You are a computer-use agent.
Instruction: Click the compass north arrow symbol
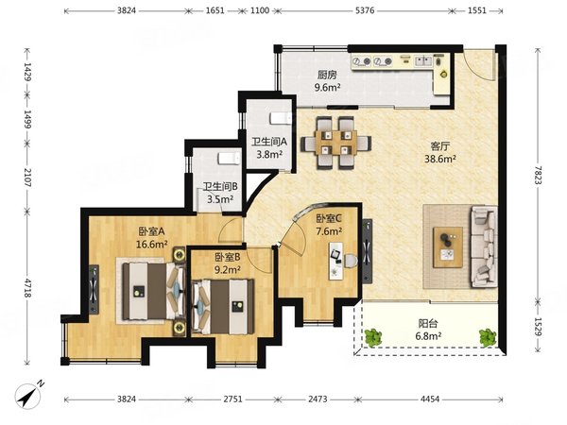(x=29, y=395)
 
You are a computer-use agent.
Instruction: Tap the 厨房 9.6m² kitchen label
(x=327, y=81)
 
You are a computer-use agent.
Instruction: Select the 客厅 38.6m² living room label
(x=440, y=152)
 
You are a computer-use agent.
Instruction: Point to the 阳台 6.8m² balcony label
(x=428, y=330)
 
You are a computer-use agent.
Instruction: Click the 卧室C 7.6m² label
(x=329, y=225)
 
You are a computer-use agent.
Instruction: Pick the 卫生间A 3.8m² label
(x=269, y=148)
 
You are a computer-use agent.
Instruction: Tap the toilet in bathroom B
(x=229, y=159)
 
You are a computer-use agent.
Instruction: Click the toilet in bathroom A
(x=281, y=118)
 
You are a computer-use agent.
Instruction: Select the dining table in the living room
(x=335, y=143)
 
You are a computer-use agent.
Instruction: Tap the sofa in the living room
(x=484, y=246)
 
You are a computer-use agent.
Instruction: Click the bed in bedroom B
(x=223, y=306)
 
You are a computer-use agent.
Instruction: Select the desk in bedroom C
(x=335, y=261)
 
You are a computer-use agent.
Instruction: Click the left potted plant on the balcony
(x=373, y=337)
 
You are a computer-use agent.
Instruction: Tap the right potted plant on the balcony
(x=488, y=337)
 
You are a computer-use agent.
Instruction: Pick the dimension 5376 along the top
(x=365, y=10)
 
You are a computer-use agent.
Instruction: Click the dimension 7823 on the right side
(x=539, y=175)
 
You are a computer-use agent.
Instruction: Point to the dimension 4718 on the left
(x=27, y=288)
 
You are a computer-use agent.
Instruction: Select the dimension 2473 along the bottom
(x=318, y=399)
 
